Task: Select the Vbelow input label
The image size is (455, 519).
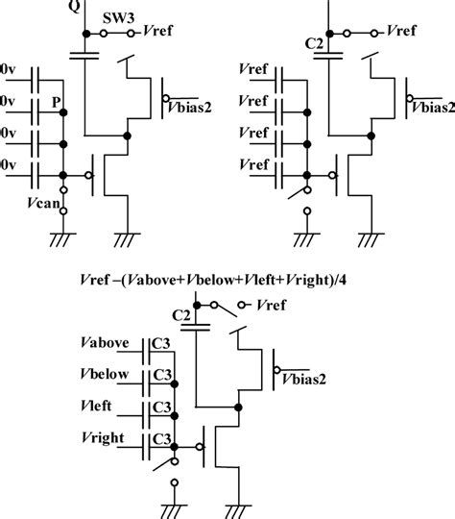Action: tap(107, 376)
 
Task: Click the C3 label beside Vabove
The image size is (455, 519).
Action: tap(164, 345)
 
